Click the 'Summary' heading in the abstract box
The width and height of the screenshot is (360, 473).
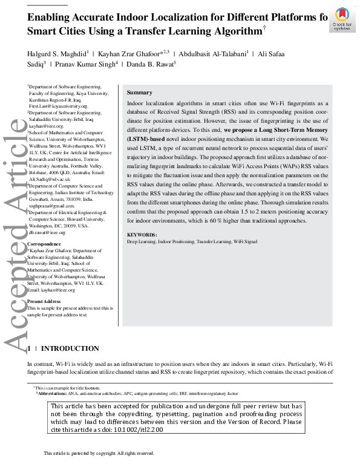click(139, 93)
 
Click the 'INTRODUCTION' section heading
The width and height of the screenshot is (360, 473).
click(70, 348)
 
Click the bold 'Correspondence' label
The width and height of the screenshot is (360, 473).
click(44, 244)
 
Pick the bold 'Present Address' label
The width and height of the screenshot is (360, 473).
click(44, 301)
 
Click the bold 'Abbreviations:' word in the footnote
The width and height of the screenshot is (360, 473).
click(53, 393)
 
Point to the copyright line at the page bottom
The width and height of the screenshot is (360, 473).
click(99, 453)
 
